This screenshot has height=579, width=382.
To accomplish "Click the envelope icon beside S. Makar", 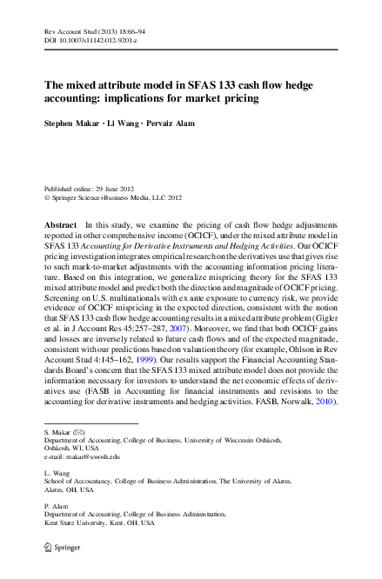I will click(80, 432).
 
